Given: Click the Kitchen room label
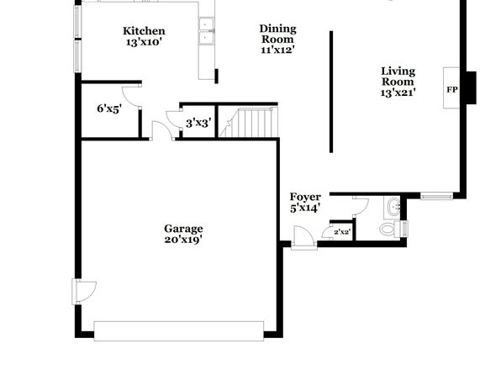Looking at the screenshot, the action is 144,31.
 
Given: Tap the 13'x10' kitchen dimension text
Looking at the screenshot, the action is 143,42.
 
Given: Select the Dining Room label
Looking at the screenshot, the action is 277,34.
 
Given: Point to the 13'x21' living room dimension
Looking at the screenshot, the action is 398,92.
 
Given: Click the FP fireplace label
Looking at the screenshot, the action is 451,90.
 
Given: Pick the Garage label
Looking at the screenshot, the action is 183,229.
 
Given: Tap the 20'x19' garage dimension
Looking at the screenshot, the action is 183,240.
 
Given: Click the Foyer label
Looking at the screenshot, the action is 305,197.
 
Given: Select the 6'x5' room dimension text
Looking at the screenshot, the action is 109,108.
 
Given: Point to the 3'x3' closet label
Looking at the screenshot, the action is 198,123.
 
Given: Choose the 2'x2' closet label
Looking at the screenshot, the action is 341,232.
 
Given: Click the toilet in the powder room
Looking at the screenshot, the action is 393,229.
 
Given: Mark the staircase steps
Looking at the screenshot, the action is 249,123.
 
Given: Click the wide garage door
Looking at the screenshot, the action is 178,331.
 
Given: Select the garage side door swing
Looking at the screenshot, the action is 84,292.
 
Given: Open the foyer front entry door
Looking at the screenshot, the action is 303,237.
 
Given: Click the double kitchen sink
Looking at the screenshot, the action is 206,31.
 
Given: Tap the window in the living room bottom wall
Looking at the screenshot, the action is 436,196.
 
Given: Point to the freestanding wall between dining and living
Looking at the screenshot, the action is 331,92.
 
